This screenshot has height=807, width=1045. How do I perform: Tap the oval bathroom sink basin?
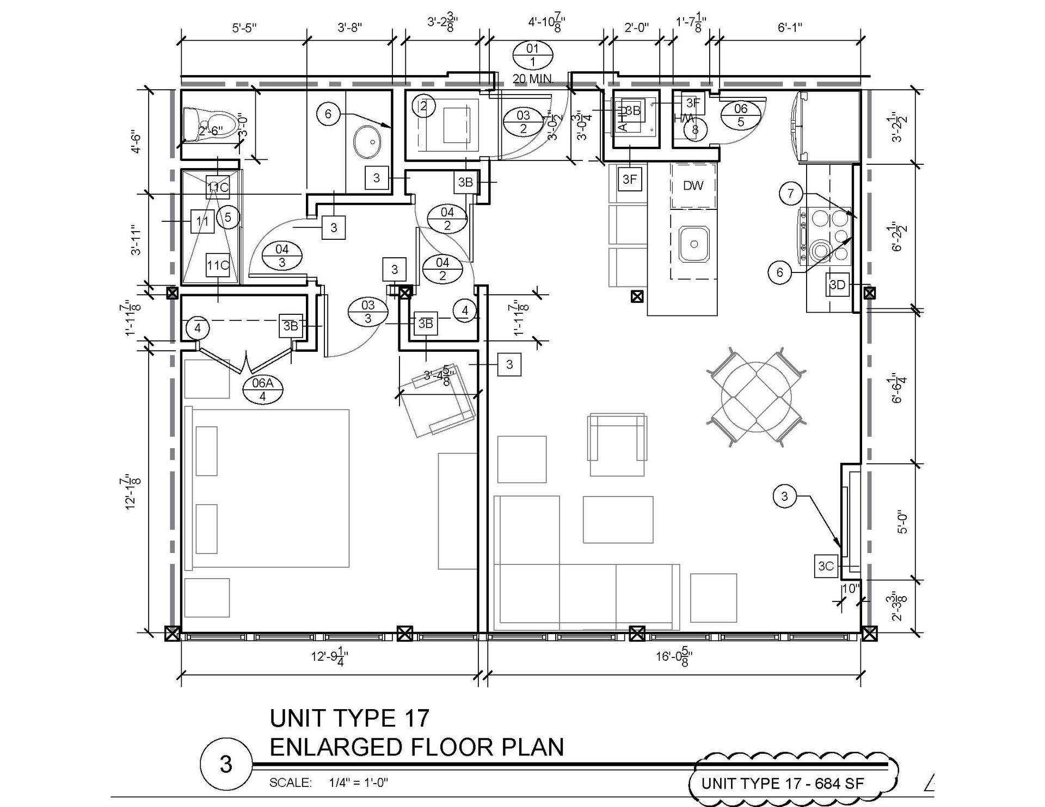(x=367, y=142)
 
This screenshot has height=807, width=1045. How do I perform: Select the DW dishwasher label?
(x=693, y=186)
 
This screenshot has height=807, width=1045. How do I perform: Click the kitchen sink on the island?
(x=694, y=245)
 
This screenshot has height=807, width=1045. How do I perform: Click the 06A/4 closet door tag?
(x=262, y=389)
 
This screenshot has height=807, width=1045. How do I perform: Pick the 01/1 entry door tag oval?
(x=532, y=55)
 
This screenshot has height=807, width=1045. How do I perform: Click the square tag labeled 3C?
(x=826, y=566)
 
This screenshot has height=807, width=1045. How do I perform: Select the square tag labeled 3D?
(x=837, y=285)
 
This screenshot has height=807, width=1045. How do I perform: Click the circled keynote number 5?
(x=228, y=218)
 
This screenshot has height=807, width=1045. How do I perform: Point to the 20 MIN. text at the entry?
(x=533, y=79)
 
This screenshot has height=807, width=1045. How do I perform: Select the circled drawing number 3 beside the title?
(x=226, y=764)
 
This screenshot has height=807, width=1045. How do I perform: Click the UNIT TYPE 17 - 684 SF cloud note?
(x=783, y=783)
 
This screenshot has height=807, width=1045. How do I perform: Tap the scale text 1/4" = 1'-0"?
(x=358, y=783)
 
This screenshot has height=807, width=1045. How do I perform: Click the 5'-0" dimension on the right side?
(x=902, y=522)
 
